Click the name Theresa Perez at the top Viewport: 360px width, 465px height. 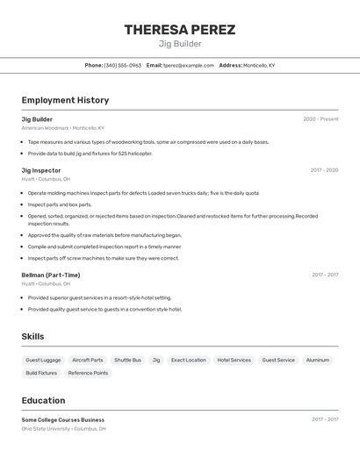click(179, 30)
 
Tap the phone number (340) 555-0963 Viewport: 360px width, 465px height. click(123, 65)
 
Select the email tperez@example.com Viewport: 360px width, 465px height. click(188, 65)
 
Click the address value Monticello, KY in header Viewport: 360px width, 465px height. click(259, 65)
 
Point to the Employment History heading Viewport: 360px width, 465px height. click(65, 100)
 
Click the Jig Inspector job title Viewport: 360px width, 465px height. click(41, 170)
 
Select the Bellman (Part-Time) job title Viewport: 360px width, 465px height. click(51, 275)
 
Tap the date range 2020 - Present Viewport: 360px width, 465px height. click(320, 119)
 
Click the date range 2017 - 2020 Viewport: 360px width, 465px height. click(324, 170)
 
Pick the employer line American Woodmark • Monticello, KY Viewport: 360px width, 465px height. click(63, 128)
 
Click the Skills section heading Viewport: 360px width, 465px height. click(32, 336)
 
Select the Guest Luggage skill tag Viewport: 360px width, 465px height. click(43, 360)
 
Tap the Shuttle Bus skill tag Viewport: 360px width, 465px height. click(127, 360)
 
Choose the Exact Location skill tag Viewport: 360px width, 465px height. click(189, 360)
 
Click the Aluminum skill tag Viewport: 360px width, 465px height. click(318, 360)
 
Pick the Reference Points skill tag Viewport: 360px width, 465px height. click(88, 373)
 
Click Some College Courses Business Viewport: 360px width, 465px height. click(63, 419)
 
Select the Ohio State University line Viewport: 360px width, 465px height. click(63, 429)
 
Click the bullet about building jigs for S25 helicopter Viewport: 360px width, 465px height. click(90, 154)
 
